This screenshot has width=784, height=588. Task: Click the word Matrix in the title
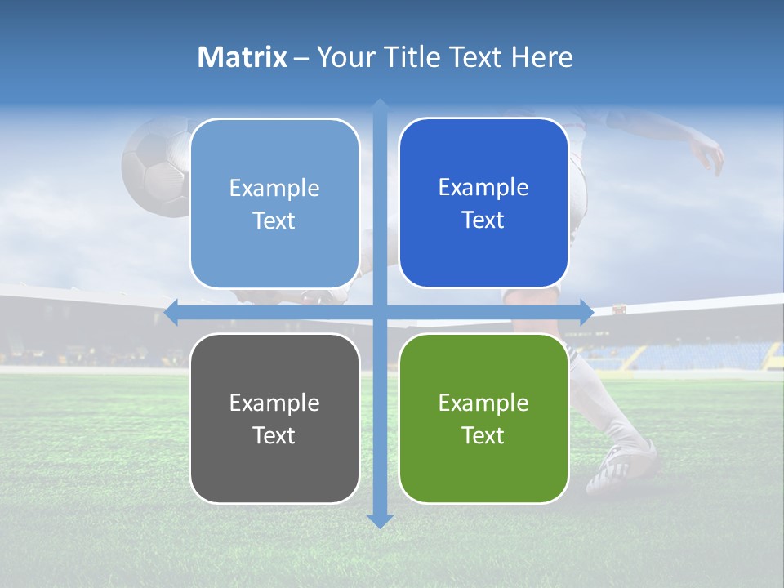coord(242,57)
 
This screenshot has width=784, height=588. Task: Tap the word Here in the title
coord(541,57)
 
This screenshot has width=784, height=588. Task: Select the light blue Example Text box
coord(274,203)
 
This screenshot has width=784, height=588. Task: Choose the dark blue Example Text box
coord(483,203)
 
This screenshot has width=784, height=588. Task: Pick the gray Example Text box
coord(274,418)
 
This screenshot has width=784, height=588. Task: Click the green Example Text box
coord(483,418)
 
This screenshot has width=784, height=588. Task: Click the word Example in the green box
coord(483,403)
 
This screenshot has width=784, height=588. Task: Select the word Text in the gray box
coord(274,435)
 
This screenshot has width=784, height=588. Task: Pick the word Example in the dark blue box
coord(483,187)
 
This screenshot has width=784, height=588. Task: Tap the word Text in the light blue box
coord(274,220)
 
